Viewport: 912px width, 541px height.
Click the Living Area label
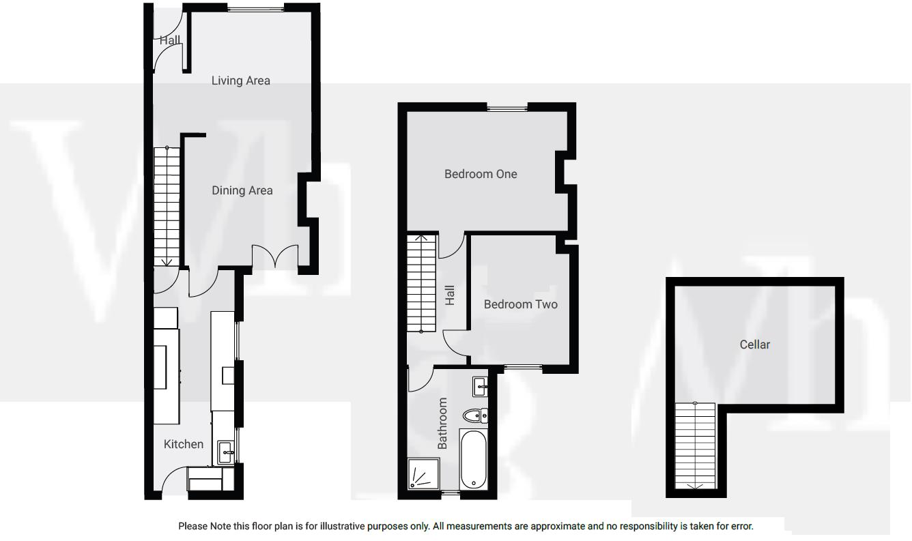click(x=240, y=81)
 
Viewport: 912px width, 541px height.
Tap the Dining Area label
click(x=242, y=190)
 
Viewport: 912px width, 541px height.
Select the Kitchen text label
click(x=184, y=444)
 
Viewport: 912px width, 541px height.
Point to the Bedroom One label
click(x=481, y=174)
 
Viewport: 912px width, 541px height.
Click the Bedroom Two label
click(x=520, y=304)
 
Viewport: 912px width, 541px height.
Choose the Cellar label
click(x=754, y=345)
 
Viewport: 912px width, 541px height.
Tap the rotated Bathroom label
click(x=442, y=423)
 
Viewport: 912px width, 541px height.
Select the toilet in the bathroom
click(x=474, y=415)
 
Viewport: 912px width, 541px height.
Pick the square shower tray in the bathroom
click(x=423, y=474)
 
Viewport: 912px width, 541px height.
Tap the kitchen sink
click(x=226, y=450)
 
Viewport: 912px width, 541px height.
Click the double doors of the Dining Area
click(x=276, y=257)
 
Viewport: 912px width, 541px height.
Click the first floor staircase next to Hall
click(x=421, y=283)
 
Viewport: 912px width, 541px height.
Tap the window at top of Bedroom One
click(x=507, y=106)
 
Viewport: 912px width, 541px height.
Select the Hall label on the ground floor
click(x=170, y=40)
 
